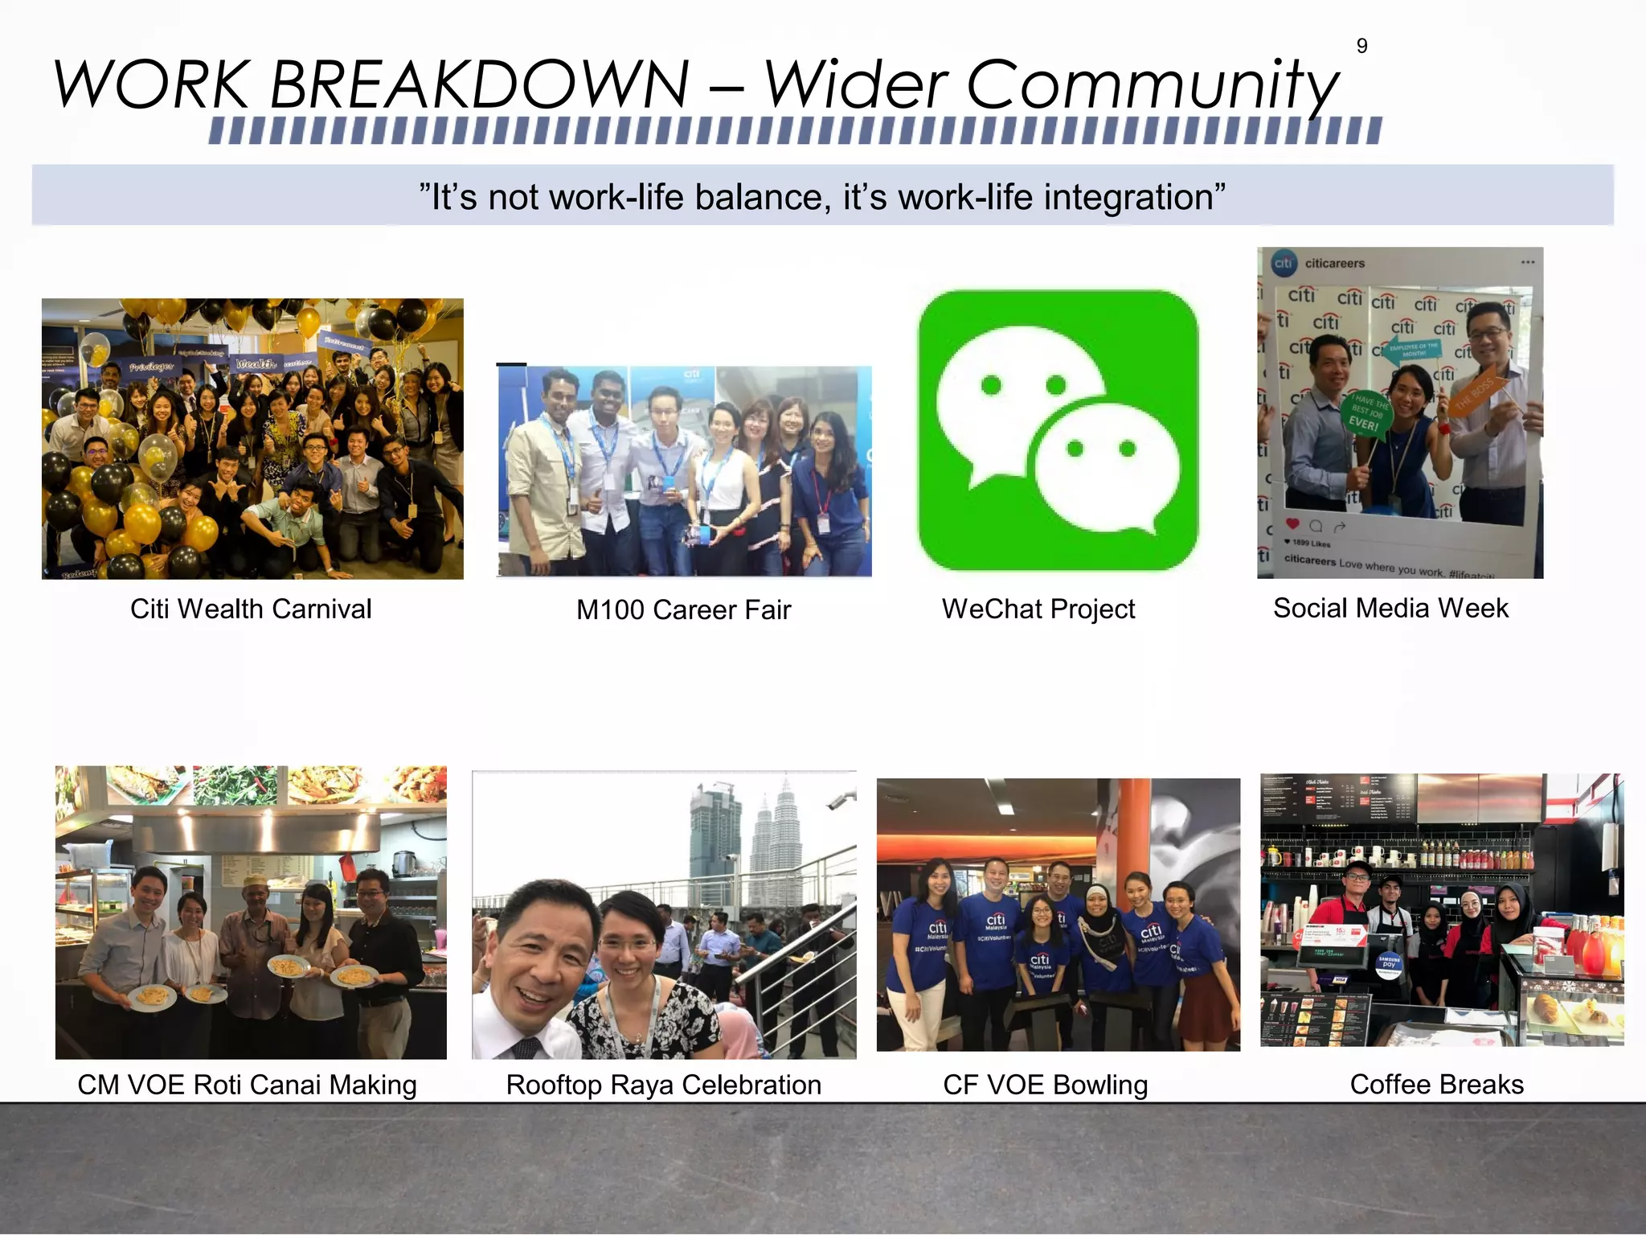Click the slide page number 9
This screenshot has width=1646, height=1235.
[1361, 47]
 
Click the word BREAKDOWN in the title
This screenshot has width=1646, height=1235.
[479, 84]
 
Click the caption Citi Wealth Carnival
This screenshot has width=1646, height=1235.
[251, 609]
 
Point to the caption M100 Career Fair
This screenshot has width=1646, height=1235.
[683, 609]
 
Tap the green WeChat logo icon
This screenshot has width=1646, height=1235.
[1058, 430]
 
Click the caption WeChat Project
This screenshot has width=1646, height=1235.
[1038, 609]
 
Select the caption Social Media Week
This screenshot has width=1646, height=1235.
[1390, 608]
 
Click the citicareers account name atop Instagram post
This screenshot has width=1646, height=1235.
[1334, 263]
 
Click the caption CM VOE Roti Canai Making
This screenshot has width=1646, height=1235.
[247, 1085]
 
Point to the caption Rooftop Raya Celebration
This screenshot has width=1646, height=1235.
[663, 1085]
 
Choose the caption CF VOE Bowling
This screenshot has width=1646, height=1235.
[1045, 1085]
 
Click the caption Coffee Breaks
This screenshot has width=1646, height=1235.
[1436, 1084]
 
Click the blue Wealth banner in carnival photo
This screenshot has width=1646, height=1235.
[256, 364]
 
